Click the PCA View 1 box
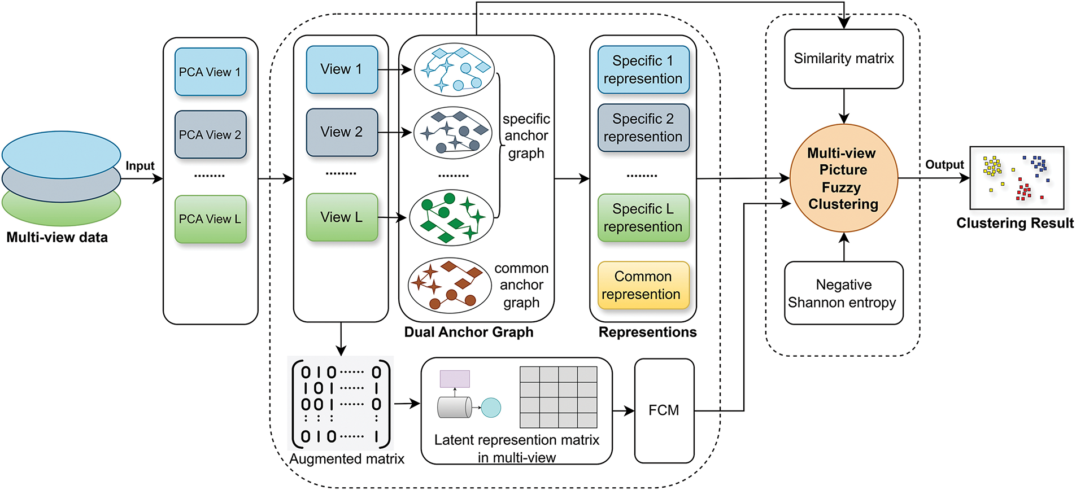click(x=210, y=72)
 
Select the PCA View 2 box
click(x=210, y=134)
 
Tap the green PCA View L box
click(x=210, y=219)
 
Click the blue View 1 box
click(x=342, y=69)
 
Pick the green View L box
click(x=342, y=217)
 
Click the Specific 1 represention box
click(x=643, y=70)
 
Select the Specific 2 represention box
click(x=643, y=128)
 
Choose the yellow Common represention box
click(x=643, y=285)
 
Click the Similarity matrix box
click(x=843, y=59)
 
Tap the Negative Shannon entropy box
click(x=843, y=293)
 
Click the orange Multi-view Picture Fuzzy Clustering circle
click(x=843, y=178)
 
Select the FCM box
click(x=664, y=410)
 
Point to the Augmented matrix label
click(x=347, y=459)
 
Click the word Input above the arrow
click(x=140, y=166)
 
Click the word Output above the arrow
click(x=944, y=165)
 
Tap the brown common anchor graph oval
click(x=450, y=285)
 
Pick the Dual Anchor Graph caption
click(x=468, y=332)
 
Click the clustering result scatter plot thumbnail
click(x=1016, y=178)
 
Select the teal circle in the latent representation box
click(x=491, y=408)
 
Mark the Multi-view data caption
click(x=57, y=238)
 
